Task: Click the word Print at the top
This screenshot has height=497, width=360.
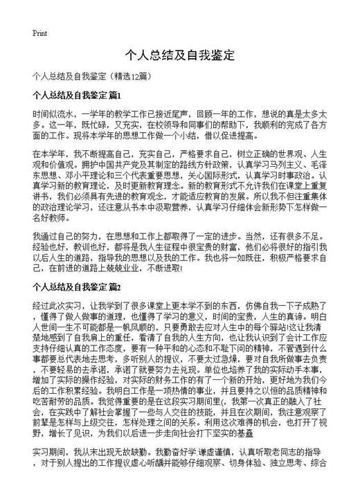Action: click(x=39, y=33)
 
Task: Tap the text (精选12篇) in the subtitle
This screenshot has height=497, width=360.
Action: click(x=139, y=75)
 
